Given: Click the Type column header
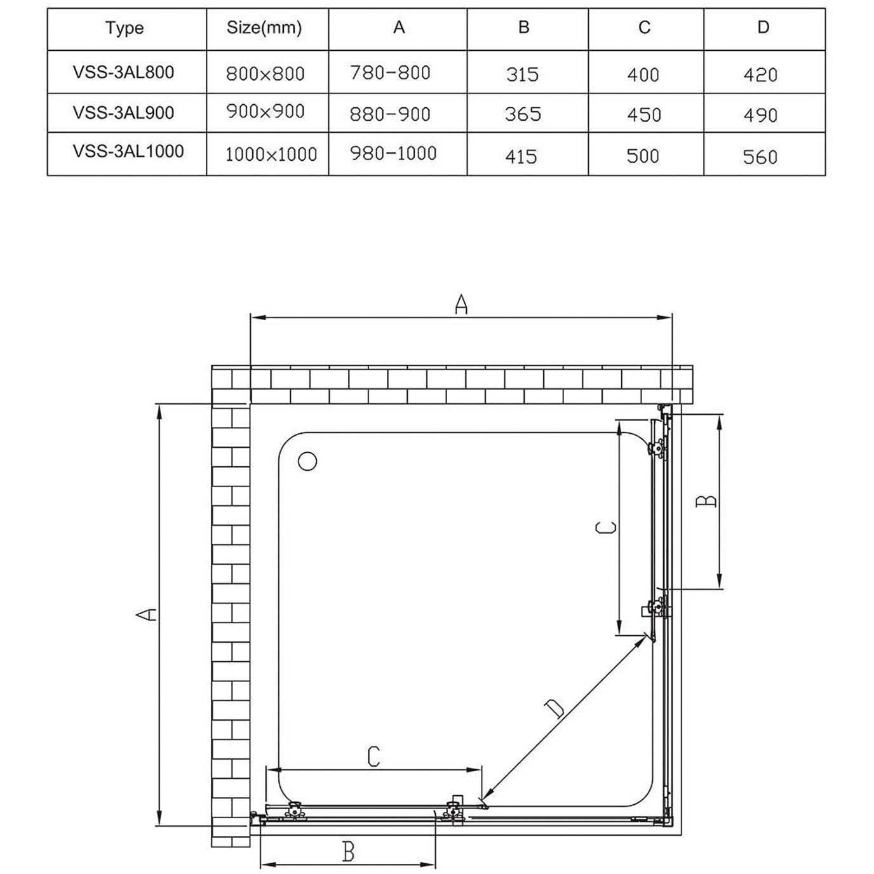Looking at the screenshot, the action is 124,29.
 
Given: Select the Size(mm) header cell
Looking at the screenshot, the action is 264,28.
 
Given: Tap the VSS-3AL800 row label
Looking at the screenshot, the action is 123,72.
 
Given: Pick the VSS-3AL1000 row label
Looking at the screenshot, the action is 128,151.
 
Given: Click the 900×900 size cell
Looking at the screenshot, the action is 266,111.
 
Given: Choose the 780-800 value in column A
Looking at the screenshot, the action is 390,72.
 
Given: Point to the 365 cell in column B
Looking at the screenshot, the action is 523,114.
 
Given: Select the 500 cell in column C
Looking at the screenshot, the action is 643,156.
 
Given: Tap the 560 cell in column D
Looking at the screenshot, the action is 760,158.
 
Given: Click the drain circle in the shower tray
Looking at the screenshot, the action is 307,462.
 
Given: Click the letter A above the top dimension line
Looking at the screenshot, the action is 461,304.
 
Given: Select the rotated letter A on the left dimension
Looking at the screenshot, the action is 147,615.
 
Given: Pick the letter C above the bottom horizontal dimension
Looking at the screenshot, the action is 373,756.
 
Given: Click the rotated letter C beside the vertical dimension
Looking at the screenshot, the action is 606,527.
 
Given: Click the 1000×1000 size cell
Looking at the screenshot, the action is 271,154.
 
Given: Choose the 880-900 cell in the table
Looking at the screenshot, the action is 390,114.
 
